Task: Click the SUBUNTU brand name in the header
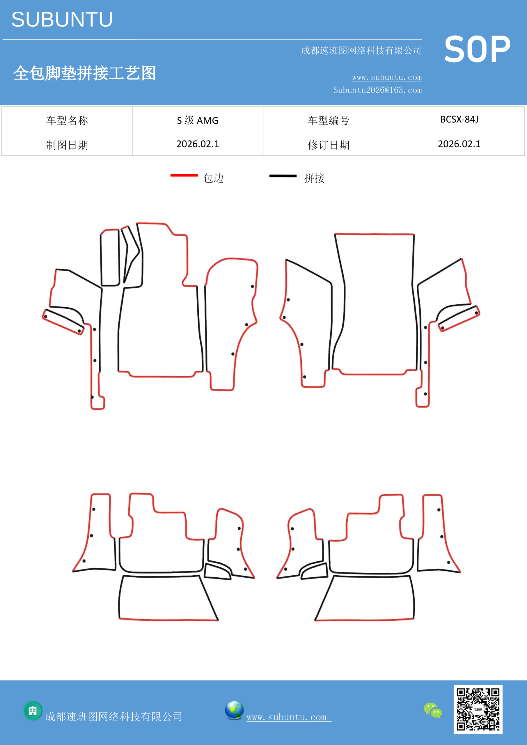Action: coord(62,19)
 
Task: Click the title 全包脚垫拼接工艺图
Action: coord(84,73)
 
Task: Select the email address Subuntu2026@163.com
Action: coord(377,90)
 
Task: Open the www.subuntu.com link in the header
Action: coord(387,77)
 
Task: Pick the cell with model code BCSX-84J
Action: coord(459,119)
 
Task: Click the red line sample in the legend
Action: coord(184,175)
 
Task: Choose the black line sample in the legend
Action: coord(283,176)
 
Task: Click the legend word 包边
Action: coord(214,178)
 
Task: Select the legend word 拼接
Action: coord(314,178)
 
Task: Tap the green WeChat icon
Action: coord(433,710)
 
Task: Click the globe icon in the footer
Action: coord(234,710)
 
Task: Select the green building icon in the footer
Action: coord(33,711)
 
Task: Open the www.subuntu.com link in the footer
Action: coord(288,717)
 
